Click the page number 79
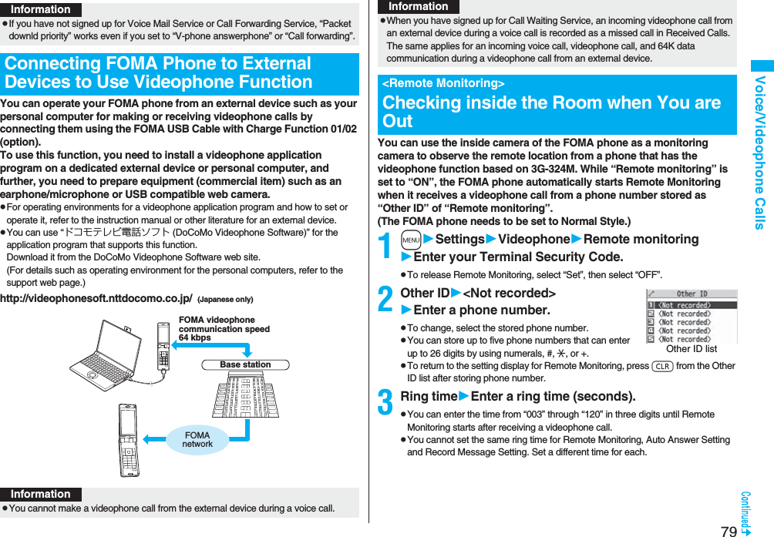[729, 530]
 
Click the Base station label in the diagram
[245, 364]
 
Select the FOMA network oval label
[197, 439]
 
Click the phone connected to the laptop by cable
[163, 347]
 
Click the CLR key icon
[662, 366]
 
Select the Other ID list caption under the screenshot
[691, 349]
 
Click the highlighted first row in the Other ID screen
[691, 305]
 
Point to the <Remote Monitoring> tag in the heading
[443, 83]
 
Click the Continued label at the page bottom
[745, 512]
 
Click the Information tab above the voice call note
[41, 494]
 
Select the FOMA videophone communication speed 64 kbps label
[224, 329]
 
